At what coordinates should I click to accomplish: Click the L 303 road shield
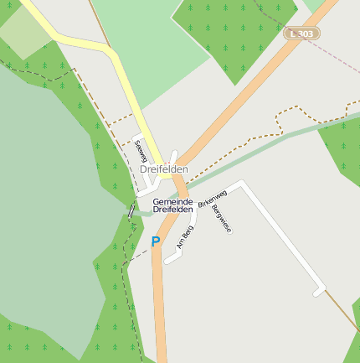coord(301,34)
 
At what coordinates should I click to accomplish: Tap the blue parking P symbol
coord(155,241)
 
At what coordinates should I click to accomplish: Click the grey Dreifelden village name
coord(163,169)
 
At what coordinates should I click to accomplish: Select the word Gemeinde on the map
coord(172,202)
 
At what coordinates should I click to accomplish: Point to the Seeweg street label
coord(140,152)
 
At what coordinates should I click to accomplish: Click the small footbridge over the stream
coord(131,211)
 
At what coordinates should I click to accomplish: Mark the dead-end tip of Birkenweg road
coord(318,291)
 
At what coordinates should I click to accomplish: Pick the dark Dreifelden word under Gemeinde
coord(172,210)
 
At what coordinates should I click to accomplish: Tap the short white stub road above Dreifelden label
coord(173,157)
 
